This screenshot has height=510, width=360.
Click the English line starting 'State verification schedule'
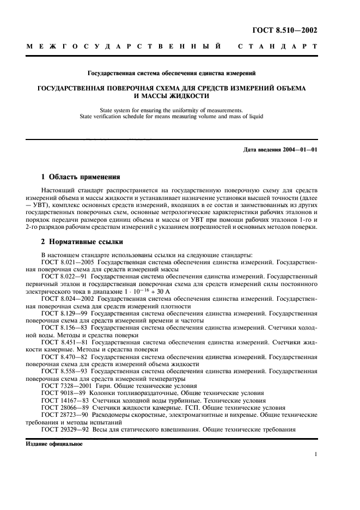point(180,116)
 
